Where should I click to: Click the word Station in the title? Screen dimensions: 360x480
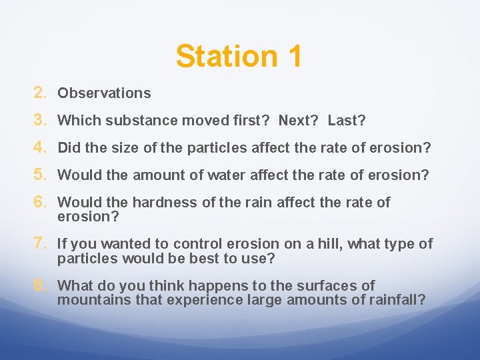point(219,56)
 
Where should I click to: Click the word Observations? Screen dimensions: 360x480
point(104,93)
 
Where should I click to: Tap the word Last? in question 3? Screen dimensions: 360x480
point(347,121)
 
